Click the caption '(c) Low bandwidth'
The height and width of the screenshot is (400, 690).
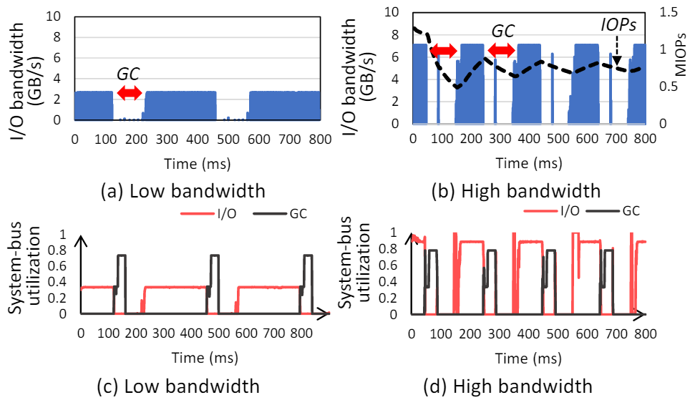pyautogui.click(x=178, y=386)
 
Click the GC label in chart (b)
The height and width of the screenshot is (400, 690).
pyautogui.click(x=502, y=31)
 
